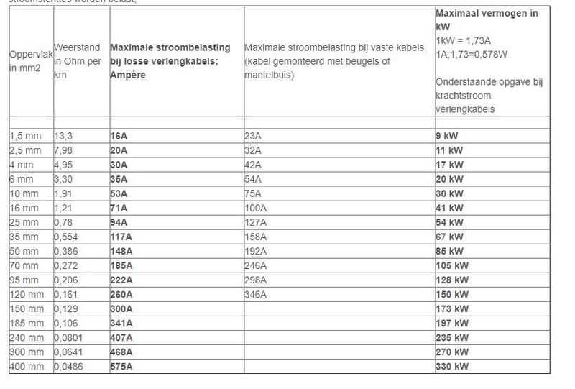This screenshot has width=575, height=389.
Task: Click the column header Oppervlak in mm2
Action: (29, 61)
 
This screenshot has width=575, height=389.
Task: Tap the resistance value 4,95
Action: (65, 163)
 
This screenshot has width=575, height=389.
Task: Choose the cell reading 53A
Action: (120, 193)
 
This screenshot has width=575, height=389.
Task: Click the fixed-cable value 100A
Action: (257, 207)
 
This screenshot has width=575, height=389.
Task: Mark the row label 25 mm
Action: (26, 221)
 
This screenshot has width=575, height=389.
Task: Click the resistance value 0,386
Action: (68, 251)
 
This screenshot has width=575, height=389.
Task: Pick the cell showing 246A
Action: (257, 265)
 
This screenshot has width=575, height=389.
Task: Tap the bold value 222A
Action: (122, 280)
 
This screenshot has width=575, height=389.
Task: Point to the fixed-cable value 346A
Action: (257, 294)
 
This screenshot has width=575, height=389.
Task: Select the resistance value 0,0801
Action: (70, 338)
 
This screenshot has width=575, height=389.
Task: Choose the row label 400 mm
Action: (28, 367)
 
